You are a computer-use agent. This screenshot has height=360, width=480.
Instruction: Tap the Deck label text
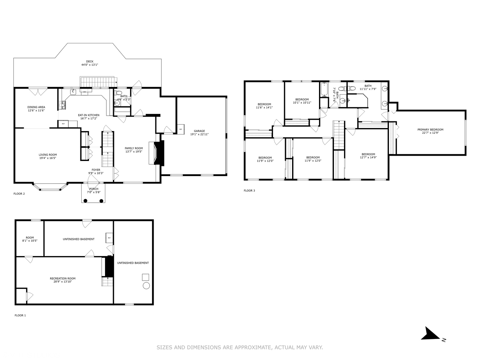(x=90, y=61)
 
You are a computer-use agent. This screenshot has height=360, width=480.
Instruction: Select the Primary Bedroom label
(x=430, y=130)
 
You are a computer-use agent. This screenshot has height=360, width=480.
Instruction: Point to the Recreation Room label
(x=63, y=279)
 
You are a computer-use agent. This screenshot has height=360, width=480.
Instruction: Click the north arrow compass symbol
(x=431, y=334)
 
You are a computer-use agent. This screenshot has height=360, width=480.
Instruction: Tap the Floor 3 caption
(x=249, y=191)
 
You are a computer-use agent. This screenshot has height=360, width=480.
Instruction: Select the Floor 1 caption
(x=20, y=315)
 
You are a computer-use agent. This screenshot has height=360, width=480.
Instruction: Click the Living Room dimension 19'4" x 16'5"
(x=48, y=159)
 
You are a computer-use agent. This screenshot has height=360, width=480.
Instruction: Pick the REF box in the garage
(x=181, y=129)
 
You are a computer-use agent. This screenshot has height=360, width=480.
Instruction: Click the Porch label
(x=94, y=189)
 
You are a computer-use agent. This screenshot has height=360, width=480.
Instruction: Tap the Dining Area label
(x=36, y=107)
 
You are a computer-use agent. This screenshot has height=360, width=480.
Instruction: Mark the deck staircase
(x=97, y=82)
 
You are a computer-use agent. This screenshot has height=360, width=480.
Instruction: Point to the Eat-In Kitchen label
(x=89, y=115)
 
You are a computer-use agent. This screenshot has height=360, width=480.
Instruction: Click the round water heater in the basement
(x=146, y=286)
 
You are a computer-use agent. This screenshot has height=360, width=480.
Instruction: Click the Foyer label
(x=96, y=170)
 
